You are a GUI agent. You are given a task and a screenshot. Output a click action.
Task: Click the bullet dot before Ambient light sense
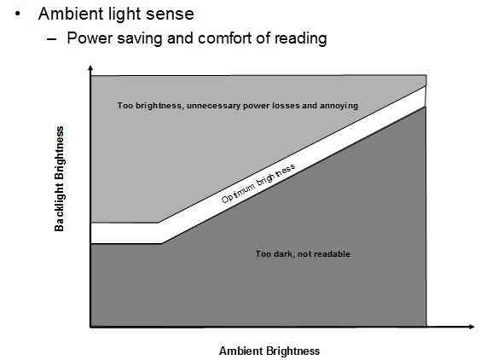pyautogui.click(x=18, y=15)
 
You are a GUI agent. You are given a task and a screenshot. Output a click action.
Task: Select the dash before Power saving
pyautogui.click(x=52, y=39)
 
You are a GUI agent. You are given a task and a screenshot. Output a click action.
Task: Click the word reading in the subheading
pyautogui.click(x=301, y=39)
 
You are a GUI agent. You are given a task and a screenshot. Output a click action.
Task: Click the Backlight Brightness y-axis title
pyautogui.click(x=59, y=179)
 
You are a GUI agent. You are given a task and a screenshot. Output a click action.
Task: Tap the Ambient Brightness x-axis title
pyautogui.click(x=269, y=351)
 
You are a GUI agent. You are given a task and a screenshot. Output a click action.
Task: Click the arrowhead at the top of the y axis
pyautogui.click(x=90, y=67)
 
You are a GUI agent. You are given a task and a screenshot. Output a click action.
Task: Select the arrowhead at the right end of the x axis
pyautogui.click(x=472, y=327)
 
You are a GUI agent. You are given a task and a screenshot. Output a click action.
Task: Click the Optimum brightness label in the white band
pyautogui.click(x=258, y=183)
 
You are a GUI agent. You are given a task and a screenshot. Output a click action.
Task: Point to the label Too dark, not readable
pyautogui.click(x=303, y=254)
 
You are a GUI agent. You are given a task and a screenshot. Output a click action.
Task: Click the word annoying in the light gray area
pyautogui.click(x=339, y=106)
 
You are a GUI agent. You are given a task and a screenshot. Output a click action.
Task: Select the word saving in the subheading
pyautogui.click(x=140, y=39)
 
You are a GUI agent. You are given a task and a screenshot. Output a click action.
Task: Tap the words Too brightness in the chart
pyautogui.click(x=150, y=106)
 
